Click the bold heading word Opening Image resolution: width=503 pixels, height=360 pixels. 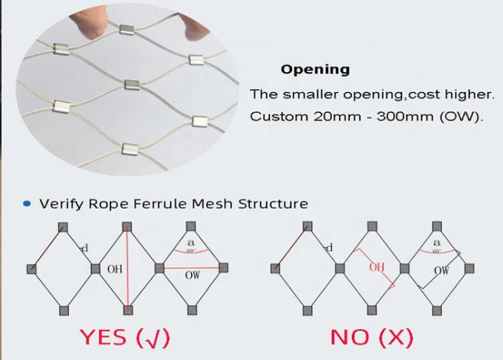pos(315,70)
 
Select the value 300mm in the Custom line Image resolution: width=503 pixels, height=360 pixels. pos(405,116)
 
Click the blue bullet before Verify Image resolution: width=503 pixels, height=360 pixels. pos(27,204)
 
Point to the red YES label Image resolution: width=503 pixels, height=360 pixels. pos(103,338)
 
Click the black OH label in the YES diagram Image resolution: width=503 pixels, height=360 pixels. pos(115,269)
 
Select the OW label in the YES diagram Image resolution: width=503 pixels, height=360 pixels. pos(192,275)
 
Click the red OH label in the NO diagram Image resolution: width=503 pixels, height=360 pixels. pos(376,267)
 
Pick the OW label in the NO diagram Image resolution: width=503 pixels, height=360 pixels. pos(441,270)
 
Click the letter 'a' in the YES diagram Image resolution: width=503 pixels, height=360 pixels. pos(191,242)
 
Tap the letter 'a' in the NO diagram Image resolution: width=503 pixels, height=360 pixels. pos(436,242)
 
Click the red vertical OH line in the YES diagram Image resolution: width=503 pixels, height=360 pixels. pos(128,269)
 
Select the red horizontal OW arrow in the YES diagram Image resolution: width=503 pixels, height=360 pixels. pos(191,268)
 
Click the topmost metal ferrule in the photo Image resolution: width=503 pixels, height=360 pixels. pos(126,29)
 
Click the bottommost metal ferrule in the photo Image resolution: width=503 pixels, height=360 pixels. pos(130,149)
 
